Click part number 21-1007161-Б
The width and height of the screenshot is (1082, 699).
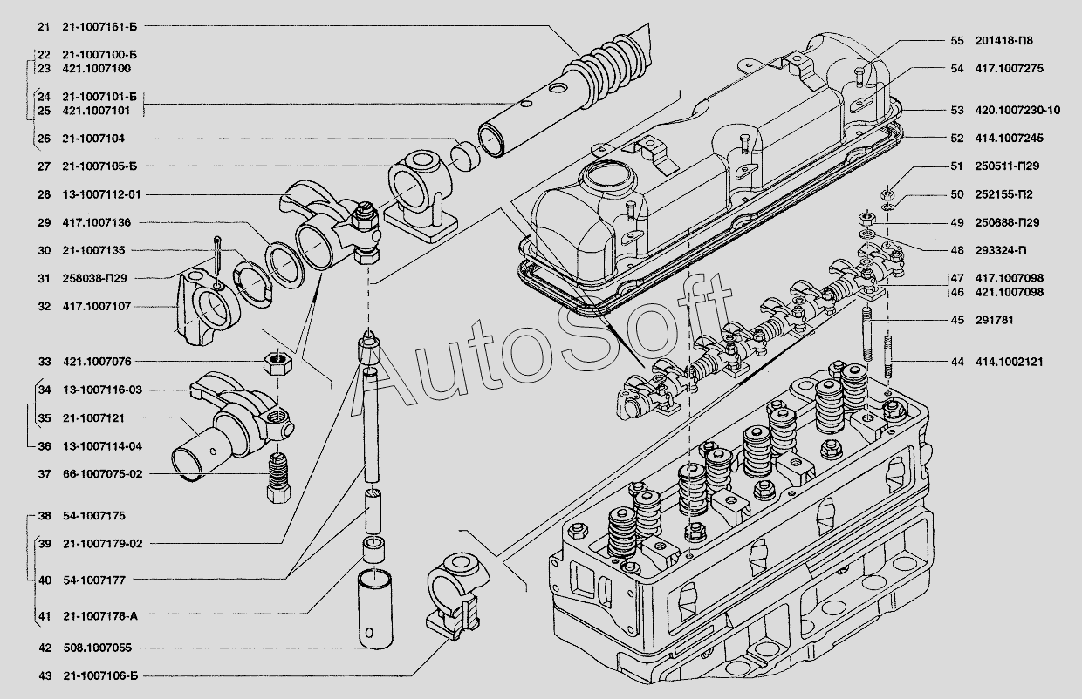tap(99, 26)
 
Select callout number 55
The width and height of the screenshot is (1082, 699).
tap(957, 40)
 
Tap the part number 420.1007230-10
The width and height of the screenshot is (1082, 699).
tap(1019, 110)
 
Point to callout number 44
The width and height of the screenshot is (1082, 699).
tap(957, 361)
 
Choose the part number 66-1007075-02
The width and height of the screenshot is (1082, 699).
tap(102, 474)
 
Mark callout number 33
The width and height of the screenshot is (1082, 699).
tap(45, 361)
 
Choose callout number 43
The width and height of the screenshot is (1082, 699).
tap(45, 675)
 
